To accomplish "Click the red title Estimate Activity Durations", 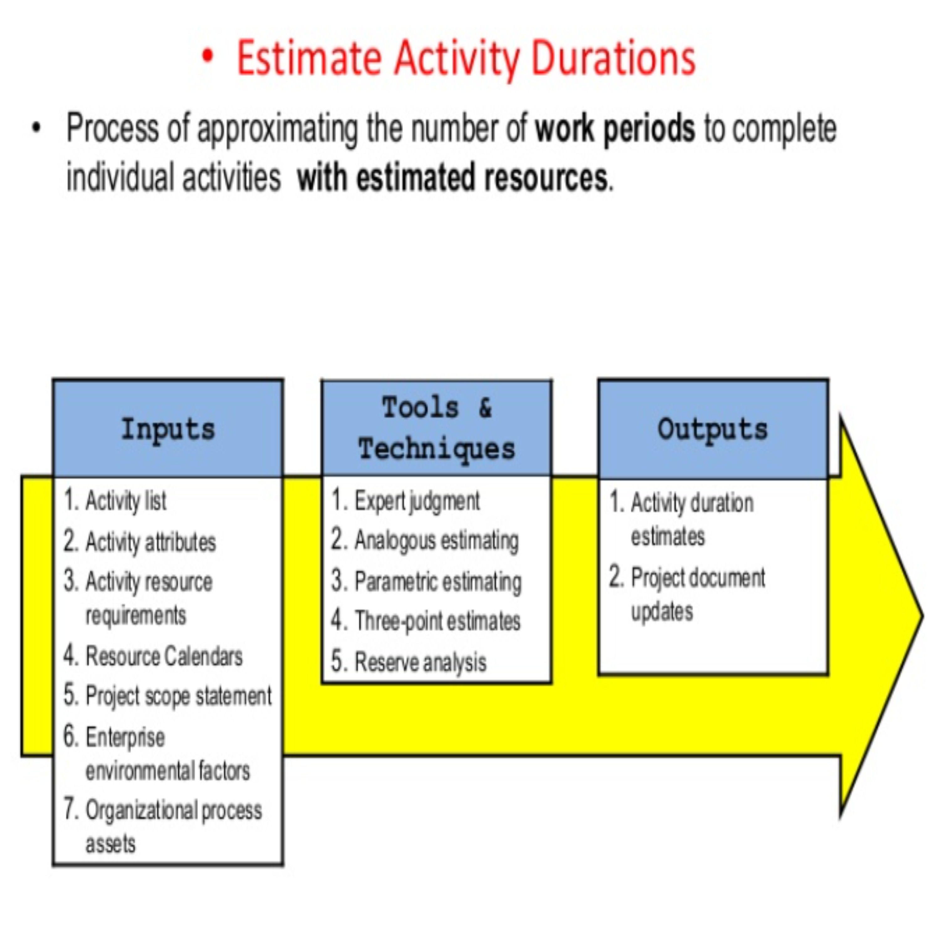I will [466, 58].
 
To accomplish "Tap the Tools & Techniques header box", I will [436, 428].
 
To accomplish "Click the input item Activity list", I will [126, 501].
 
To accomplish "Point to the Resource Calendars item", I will [164, 656].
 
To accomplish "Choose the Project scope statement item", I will [178, 696].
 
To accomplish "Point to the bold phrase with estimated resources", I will [452, 178].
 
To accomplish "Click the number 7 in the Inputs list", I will [70, 809].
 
